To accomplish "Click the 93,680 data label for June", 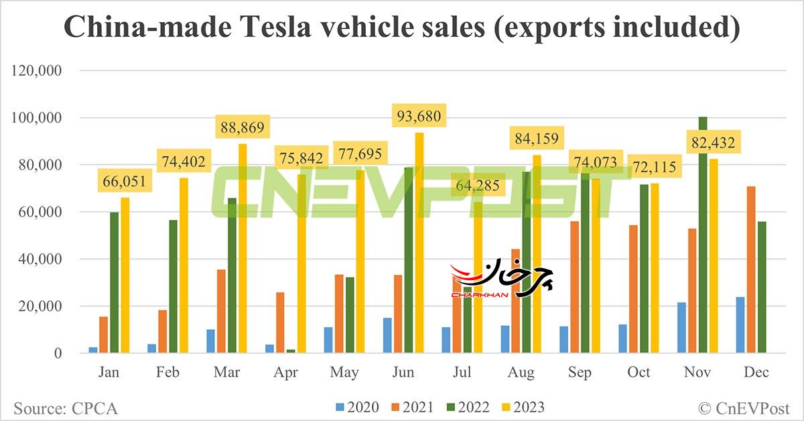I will tap(419, 117).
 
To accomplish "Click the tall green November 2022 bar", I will tap(702, 235).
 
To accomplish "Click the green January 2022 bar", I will tap(115, 282).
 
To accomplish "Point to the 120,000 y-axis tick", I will tap(38, 70).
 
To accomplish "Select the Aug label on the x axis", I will tap(522, 373).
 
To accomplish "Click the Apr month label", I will tap(286, 373).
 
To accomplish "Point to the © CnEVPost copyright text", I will tap(744, 407).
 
